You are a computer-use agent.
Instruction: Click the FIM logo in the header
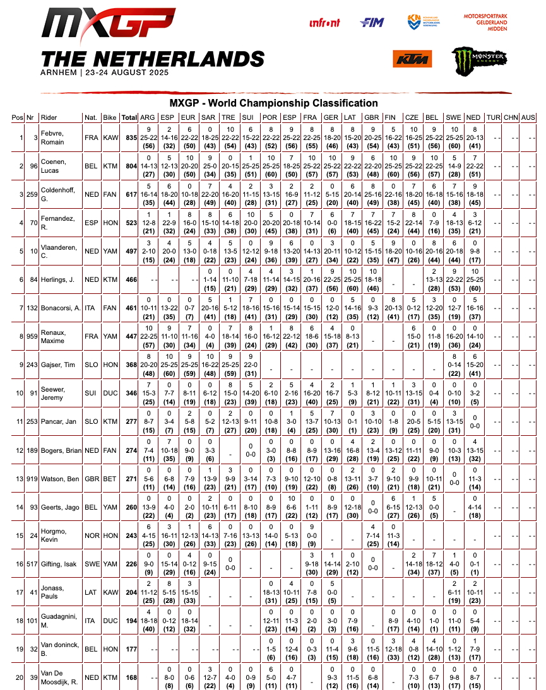pyautogui.click(x=372, y=23)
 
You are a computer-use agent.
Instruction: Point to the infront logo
pyautogui.click(x=325, y=23)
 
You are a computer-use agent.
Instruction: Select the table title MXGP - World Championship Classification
pyautogui.click(x=273, y=103)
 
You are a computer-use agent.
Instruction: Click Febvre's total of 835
pyautogui.click(x=131, y=138)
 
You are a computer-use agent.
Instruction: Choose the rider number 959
pyautogui.click(x=32, y=337)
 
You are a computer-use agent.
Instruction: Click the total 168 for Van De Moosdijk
pyautogui.click(x=131, y=678)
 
